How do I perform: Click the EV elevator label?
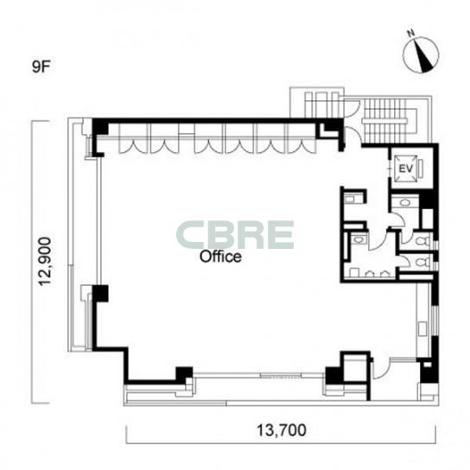click(x=406, y=168)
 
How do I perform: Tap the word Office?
click(x=220, y=257)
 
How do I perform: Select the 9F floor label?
click(x=41, y=67)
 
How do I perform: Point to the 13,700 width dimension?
click(x=282, y=430)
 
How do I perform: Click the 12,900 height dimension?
click(x=46, y=262)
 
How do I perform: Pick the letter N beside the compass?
click(x=411, y=34)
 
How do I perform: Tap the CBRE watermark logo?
click(x=235, y=235)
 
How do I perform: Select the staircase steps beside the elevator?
click(x=384, y=121)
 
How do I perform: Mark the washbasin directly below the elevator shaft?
click(x=404, y=202)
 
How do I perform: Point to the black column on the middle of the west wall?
click(x=100, y=294)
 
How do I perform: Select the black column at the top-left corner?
click(x=100, y=127)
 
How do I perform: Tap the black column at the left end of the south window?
click(x=184, y=374)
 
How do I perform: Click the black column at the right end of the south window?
click(x=334, y=375)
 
